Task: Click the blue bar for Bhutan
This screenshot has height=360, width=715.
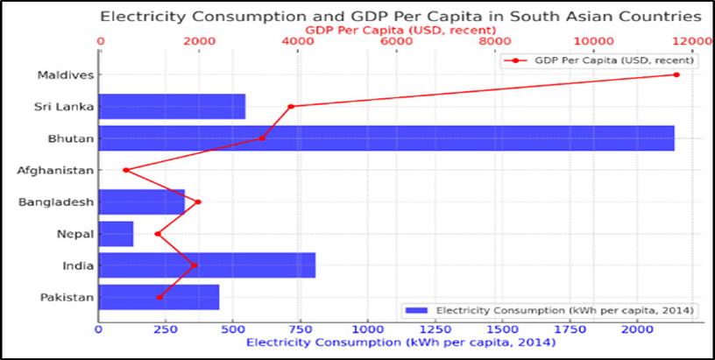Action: [386, 138]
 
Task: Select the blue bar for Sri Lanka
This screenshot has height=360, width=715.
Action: [172, 106]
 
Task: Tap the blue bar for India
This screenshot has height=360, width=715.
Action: [207, 265]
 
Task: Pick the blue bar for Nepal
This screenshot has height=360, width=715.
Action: [116, 234]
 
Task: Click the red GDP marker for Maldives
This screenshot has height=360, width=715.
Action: [676, 74]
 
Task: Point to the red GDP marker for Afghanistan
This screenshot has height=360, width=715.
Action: [126, 170]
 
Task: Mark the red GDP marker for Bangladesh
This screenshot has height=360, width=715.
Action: [198, 201]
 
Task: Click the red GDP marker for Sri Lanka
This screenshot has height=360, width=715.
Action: [291, 106]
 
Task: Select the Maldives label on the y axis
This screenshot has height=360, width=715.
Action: [65, 74]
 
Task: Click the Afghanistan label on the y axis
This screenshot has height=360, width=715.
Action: [56, 170]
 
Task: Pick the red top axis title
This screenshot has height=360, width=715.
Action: [399, 29]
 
